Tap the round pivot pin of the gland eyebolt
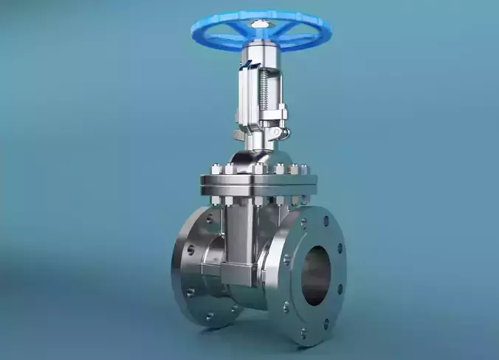click(276, 133)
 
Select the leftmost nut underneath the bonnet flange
click(216, 199)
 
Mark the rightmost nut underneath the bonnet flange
click(303, 198)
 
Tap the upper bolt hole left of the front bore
click(287, 260)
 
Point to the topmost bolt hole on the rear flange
click(210, 219)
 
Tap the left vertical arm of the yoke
click(244, 96)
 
